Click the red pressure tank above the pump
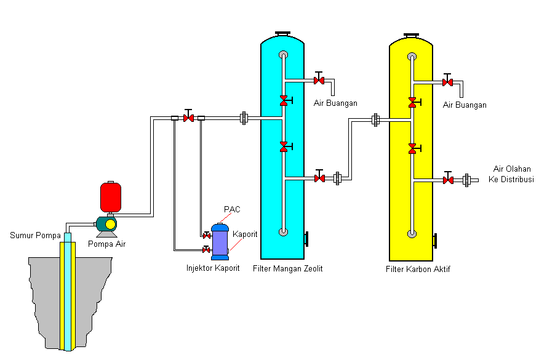[111, 196]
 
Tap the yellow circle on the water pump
[110, 225]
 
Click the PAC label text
[232, 209]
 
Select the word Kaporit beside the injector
[245, 234]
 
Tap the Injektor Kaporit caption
[213, 268]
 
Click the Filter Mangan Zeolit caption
[288, 269]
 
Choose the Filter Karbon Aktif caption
[418, 269]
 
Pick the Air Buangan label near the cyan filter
[335, 103]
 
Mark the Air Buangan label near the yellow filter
[465, 105]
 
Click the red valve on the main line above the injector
[188, 118]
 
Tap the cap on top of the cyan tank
[283, 33]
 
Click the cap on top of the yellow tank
[411, 35]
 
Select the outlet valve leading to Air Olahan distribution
[448, 180]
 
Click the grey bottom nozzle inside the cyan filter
[283, 232]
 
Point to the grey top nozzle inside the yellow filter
[412, 57]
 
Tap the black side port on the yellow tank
[435, 241]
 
